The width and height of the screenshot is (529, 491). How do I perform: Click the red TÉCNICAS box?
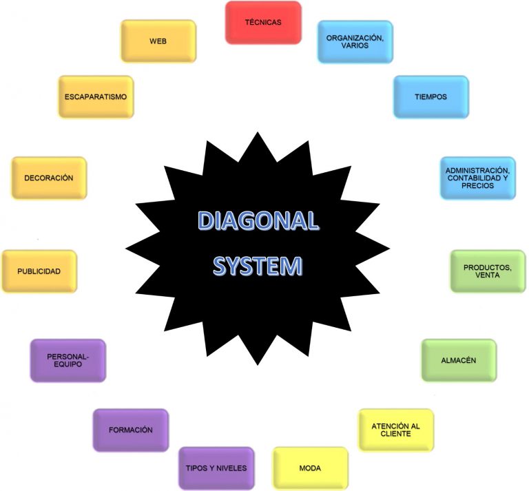click(x=263, y=23)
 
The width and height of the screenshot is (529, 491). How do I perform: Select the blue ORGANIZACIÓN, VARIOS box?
click(x=355, y=41)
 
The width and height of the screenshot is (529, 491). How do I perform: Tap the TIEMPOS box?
click(x=431, y=97)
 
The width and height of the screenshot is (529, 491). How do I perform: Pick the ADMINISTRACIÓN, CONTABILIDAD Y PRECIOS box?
click(x=477, y=178)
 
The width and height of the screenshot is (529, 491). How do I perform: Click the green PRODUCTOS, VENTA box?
click(x=487, y=271)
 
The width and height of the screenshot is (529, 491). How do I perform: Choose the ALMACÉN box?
click(x=459, y=360)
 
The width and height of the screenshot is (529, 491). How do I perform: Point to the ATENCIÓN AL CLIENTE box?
click(x=395, y=430)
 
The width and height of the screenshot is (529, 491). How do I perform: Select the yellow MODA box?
click(x=310, y=468)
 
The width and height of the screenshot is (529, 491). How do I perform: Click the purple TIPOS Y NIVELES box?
click(x=216, y=468)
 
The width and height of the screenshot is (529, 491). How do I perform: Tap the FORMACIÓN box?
click(x=130, y=430)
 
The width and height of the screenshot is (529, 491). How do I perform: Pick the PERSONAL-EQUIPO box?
click(x=68, y=360)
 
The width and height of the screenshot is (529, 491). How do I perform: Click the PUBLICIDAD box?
click(x=39, y=271)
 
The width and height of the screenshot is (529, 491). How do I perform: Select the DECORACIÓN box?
click(x=48, y=178)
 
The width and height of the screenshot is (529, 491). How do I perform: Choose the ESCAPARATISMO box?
click(x=95, y=97)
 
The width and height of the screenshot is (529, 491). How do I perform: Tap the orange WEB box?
click(x=158, y=41)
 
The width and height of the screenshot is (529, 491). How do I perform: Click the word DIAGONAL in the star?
click(x=258, y=221)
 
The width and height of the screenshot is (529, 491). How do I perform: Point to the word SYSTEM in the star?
click(x=258, y=266)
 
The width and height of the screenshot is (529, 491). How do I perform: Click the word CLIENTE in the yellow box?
click(x=395, y=434)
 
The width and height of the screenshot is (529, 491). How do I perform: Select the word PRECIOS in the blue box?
click(x=477, y=186)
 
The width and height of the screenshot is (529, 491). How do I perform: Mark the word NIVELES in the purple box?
click(x=230, y=468)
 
